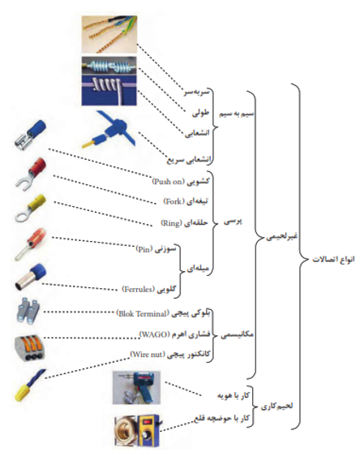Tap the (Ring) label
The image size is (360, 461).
[171, 223]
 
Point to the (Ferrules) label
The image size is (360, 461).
[139, 289]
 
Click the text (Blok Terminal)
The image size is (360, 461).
[143, 314]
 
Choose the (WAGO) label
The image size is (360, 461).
[155, 334]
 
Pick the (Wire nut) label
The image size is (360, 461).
[148, 354]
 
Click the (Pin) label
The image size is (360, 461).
[144, 249]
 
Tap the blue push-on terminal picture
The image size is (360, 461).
[30, 135]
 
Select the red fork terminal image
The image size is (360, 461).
[31, 173]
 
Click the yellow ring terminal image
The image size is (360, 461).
[30, 208]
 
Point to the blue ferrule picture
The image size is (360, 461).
[31, 277]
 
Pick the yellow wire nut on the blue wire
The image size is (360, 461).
[30, 386]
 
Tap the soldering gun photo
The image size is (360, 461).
[137, 388]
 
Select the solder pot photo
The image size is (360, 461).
[137, 430]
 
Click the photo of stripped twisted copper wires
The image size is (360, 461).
[109, 34]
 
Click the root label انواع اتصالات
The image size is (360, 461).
[333, 260]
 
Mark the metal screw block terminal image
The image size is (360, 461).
[28, 311]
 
